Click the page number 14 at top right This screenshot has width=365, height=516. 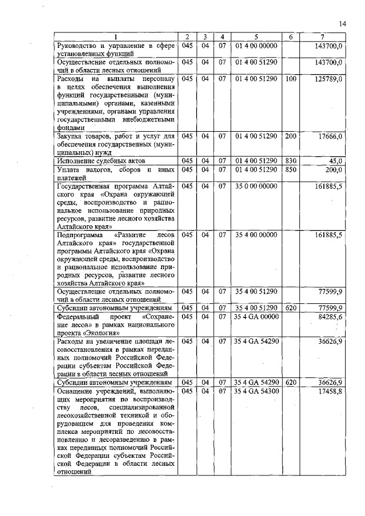coord(342,23)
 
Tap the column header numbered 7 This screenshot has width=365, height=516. coord(323,38)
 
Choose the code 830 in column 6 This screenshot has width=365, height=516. coord(290,161)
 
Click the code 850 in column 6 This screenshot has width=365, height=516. coord(290,169)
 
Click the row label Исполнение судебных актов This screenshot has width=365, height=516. coord(97,161)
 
